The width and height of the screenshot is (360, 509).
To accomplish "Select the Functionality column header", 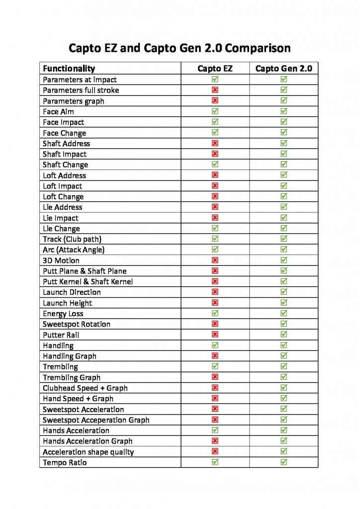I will [x=69, y=69].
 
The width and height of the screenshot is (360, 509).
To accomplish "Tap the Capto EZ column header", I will [x=215, y=69].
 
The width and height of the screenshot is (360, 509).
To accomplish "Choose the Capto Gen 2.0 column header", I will [x=283, y=69].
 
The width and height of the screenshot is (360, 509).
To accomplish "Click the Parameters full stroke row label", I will [x=81, y=90].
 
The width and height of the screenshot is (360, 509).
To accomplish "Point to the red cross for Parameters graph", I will [x=215, y=101].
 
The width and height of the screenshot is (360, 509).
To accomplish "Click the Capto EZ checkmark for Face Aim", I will [x=215, y=111].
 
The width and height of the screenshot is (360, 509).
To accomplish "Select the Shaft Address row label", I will [x=67, y=143].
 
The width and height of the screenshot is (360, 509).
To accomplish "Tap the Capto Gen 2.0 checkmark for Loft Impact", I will [x=283, y=186].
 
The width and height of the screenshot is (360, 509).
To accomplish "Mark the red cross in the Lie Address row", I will [x=215, y=207].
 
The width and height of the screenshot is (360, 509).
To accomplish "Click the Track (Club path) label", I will [x=72, y=239].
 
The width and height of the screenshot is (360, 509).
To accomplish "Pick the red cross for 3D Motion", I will [x=215, y=260].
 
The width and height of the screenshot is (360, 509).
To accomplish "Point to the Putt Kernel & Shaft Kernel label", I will [x=88, y=281].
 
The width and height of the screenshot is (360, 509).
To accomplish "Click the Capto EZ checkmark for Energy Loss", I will [x=215, y=313].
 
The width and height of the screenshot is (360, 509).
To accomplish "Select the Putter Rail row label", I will [x=61, y=335].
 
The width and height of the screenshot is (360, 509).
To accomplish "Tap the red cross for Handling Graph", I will [x=215, y=356].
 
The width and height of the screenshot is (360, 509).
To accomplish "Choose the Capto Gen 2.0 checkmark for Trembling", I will [x=283, y=366].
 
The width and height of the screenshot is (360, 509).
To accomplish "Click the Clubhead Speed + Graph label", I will [x=85, y=388].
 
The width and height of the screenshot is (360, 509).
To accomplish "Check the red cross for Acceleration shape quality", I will [x=215, y=451].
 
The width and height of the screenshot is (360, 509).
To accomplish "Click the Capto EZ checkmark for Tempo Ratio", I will [x=215, y=462].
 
